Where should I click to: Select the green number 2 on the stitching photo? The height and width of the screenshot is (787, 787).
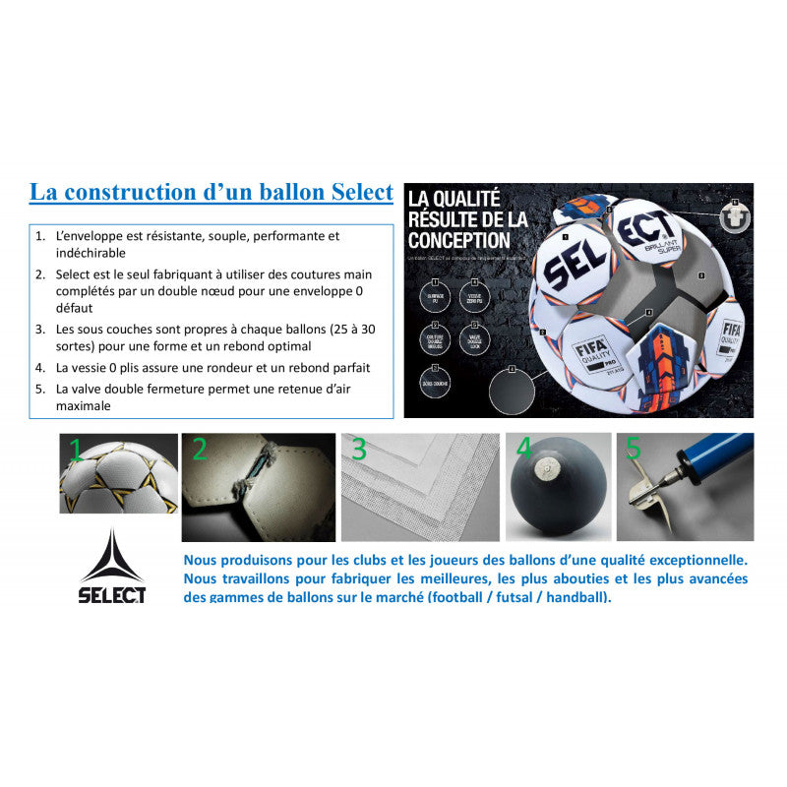click(200, 451)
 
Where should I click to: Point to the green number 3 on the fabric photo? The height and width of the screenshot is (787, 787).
click(359, 451)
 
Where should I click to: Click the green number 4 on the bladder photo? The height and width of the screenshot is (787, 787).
click(524, 451)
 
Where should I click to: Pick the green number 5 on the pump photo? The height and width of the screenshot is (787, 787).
click(634, 450)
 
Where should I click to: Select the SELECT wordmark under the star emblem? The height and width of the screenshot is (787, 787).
click(112, 594)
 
